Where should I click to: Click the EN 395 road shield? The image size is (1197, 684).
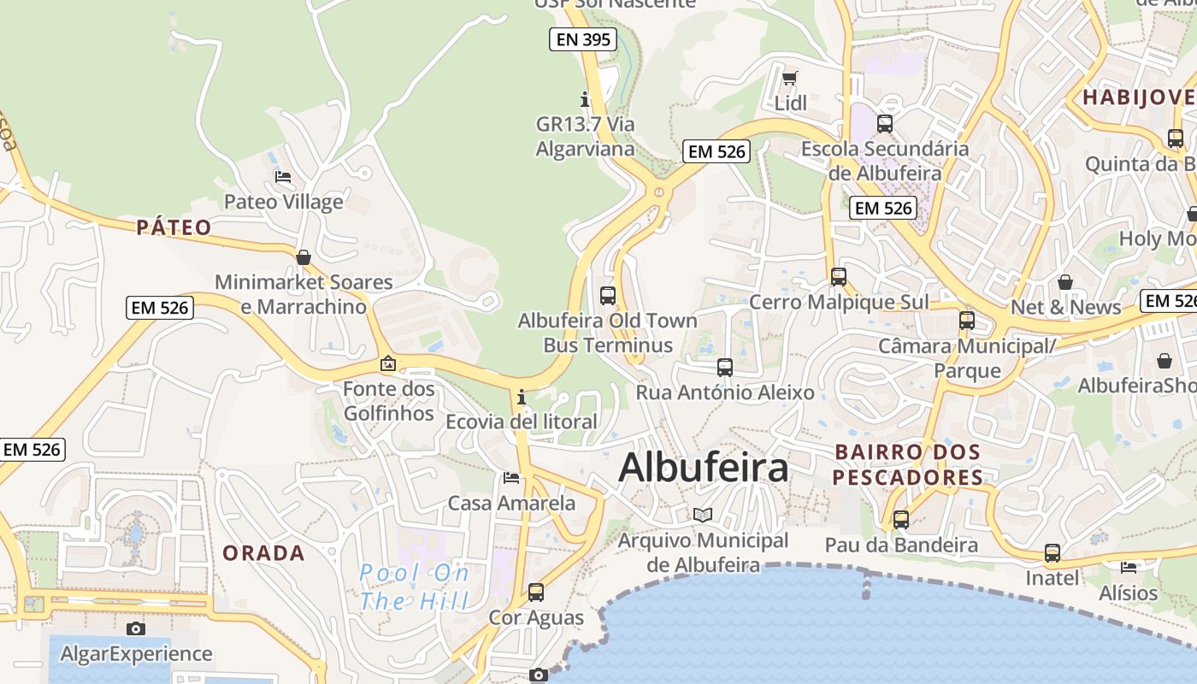click(x=583, y=39)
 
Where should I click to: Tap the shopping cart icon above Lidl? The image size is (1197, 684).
click(x=790, y=79)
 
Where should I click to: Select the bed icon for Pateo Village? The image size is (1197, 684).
click(x=283, y=177)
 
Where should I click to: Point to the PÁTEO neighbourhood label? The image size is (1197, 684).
click(x=174, y=227)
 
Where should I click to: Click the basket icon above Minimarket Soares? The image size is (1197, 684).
click(x=303, y=257)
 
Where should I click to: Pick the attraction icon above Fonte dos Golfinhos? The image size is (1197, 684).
click(x=388, y=363)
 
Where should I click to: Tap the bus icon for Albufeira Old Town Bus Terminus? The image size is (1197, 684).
click(x=608, y=296)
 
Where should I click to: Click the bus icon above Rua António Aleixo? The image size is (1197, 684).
click(x=725, y=368)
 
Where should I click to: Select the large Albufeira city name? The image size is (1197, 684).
click(x=703, y=468)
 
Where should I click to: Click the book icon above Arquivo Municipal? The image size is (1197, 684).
click(x=703, y=515)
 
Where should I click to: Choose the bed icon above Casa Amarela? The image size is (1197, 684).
click(x=511, y=477)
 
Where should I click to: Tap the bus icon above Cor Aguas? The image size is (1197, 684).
click(x=536, y=592)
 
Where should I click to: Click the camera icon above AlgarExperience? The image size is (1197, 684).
click(x=136, y=628)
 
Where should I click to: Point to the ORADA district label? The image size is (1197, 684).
click(x=263, y=553)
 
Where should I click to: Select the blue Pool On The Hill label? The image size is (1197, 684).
click(x=415, y=586)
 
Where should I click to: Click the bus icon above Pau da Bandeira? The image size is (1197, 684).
click(x=901, y=519)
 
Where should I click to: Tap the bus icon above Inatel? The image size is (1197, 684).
click(x=1053, y=553)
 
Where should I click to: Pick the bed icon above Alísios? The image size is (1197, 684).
click(x=1129, y=567)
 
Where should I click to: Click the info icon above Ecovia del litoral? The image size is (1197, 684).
click(x=521, y=398)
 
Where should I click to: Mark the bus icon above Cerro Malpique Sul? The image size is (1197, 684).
click(x=839, y=277)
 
